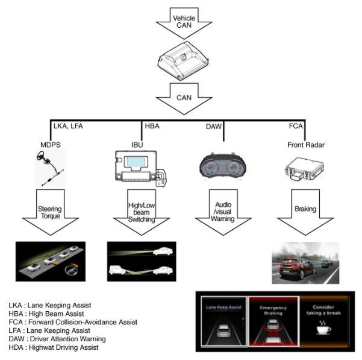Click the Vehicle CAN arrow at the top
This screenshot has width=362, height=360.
(184, 23)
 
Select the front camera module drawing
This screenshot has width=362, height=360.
(183, 61)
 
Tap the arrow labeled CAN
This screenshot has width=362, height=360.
(184, 99)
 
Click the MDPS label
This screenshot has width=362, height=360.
(51, 145)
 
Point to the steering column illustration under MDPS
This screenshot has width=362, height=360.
(49, 168)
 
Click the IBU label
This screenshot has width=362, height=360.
(137, 145)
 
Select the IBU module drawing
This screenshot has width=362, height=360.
(141, 168)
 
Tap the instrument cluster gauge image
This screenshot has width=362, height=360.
(222, 167)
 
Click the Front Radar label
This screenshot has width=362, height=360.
(306, 145)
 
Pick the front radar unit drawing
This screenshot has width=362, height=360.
(304, 169)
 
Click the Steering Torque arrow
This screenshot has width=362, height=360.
(51, 212)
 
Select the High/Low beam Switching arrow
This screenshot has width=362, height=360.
(142, 212)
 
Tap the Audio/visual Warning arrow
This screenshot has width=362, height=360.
(223, 212)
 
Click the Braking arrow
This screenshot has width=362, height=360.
(305, 212)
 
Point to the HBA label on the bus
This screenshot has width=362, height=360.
(152, 126)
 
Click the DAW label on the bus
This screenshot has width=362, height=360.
(214, 127)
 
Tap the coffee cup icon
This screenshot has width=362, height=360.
(323, 327)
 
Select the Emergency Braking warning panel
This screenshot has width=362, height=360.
(273, 321)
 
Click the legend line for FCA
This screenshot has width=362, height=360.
(73, 322)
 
